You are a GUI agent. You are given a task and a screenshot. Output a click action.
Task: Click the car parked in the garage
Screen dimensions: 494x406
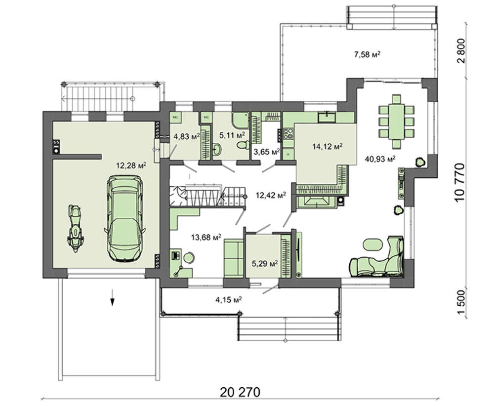click(x=125, y=219)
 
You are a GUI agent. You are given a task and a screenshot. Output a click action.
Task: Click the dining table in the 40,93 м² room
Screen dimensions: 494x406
click(x=396, y=122)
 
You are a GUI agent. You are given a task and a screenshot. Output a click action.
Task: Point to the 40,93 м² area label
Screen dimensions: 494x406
click(x=380, y=159)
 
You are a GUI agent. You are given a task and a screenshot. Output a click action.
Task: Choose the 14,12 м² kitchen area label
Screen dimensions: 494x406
click(x=328, y=146)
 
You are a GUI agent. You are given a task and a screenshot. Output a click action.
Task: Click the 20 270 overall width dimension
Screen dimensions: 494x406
click(x=240, y=392)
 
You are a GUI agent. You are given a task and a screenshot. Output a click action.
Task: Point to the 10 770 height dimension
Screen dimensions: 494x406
click(x=460, y=182)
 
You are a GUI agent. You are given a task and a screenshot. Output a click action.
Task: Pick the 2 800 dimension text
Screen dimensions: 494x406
click(x=460, y=51)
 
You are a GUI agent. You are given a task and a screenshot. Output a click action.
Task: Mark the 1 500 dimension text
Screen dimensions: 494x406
click(x=460, y=302)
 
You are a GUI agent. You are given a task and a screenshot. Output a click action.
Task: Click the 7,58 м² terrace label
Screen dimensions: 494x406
click(x=368, y=55)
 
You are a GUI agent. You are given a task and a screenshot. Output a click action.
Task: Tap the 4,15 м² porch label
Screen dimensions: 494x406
click(x=228, y=299)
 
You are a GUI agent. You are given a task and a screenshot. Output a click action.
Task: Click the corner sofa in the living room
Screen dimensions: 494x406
click(x=377, y=257)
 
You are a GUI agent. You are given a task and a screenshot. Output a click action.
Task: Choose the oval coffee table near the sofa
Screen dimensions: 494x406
click(x=373, y=244)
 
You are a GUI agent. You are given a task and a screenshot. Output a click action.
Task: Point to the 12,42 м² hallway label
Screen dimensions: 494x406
click(x=271, y=196)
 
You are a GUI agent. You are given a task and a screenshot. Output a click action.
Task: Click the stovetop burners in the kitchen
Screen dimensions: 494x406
click(x=288, y=133)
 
